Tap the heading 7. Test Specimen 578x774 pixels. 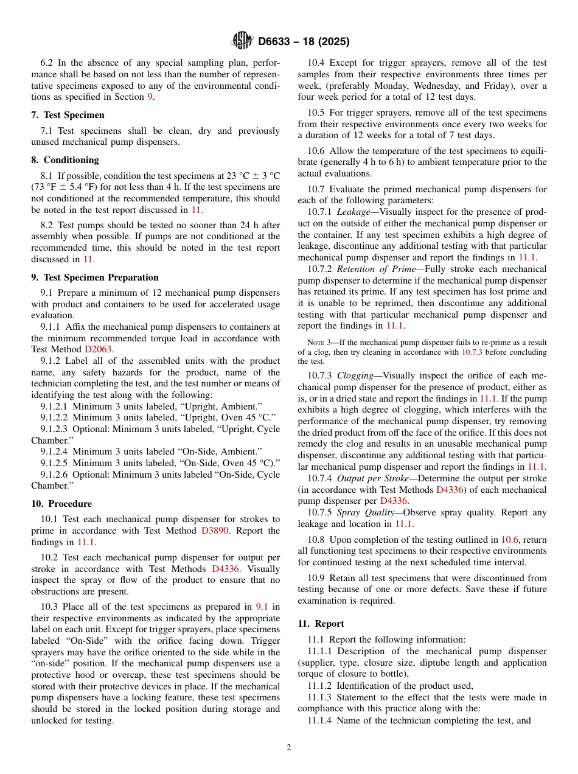coord(68,115)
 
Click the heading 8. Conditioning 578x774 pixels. coord(64,160)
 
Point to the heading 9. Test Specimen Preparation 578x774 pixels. coord(94,277)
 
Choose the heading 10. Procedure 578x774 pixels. coord(61,504)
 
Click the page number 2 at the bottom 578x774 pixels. coord(289,748)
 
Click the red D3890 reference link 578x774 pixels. coord(216,531)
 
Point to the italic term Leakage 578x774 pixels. coord(353,212)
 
